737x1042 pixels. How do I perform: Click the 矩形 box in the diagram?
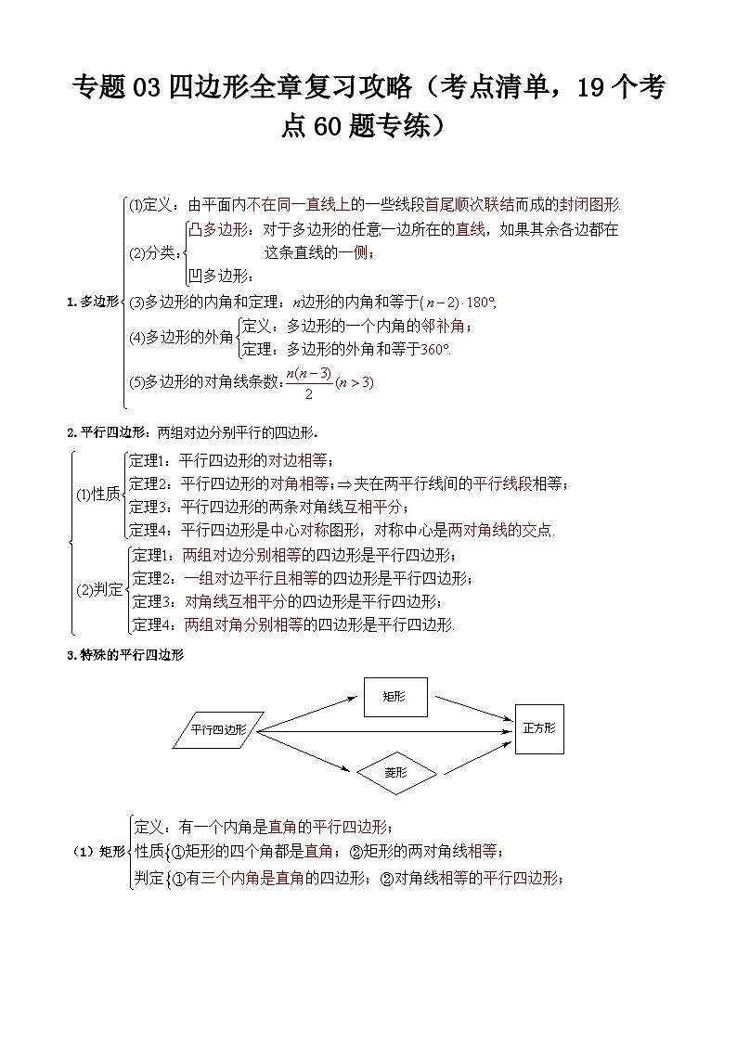[x=394, y=696]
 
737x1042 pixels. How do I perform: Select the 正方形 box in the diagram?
[x=538, y=728]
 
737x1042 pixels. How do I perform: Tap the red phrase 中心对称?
[x=300, y=531]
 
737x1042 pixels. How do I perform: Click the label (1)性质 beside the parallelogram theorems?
[x=97, y=495]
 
